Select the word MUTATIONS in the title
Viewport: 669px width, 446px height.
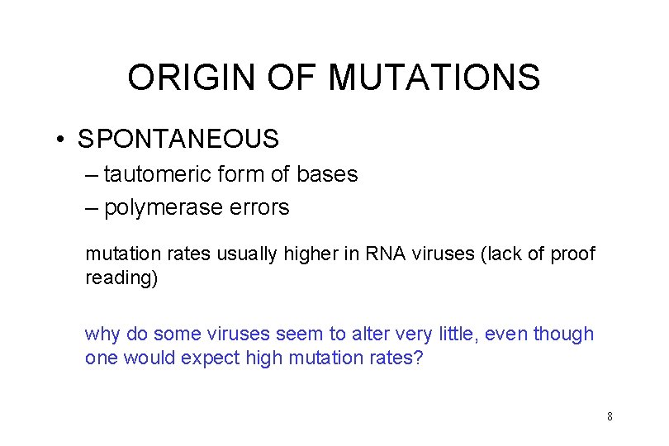point(434,78)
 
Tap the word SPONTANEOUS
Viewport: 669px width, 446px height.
point(178,139)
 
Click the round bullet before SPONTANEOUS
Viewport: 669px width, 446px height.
point(62,139)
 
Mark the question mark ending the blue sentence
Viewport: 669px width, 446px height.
point(417,359)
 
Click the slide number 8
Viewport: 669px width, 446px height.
point(610,416)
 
